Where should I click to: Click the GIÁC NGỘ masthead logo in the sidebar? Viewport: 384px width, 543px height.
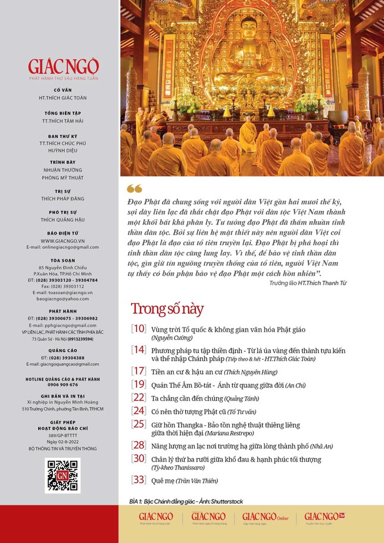coord(63,66)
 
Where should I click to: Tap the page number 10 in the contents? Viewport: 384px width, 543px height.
coord(139,329)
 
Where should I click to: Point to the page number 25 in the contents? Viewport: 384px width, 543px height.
coord(139,424)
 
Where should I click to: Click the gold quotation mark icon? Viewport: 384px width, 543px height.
coord(135,188)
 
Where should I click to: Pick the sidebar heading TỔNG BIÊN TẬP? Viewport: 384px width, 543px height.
coord(63,113)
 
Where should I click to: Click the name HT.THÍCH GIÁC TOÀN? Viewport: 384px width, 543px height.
coord(63,97)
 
